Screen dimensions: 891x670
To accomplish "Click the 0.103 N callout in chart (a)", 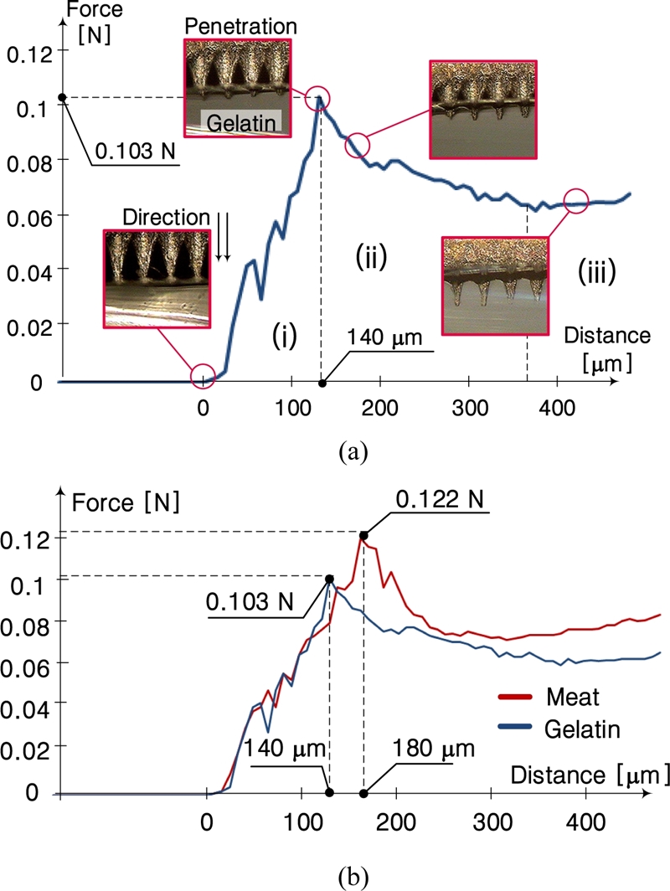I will [x=131, y=153].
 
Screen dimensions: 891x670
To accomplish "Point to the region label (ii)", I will [x=369, y=257].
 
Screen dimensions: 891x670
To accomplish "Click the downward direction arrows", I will [x=222, y=234].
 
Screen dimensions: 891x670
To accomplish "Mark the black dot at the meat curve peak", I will [x=363, y=535].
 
